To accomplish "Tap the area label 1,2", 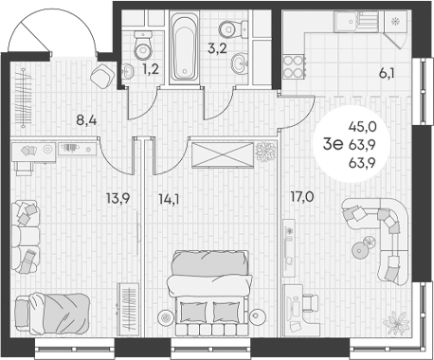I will point(150,69).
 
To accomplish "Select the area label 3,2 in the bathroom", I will point(217,46).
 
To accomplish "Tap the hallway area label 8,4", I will point(87,120).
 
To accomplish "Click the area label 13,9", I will point(118,198).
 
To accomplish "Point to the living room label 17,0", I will point(302,198).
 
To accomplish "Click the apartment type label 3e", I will point(332,144).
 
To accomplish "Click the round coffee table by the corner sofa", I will point(359,250).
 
